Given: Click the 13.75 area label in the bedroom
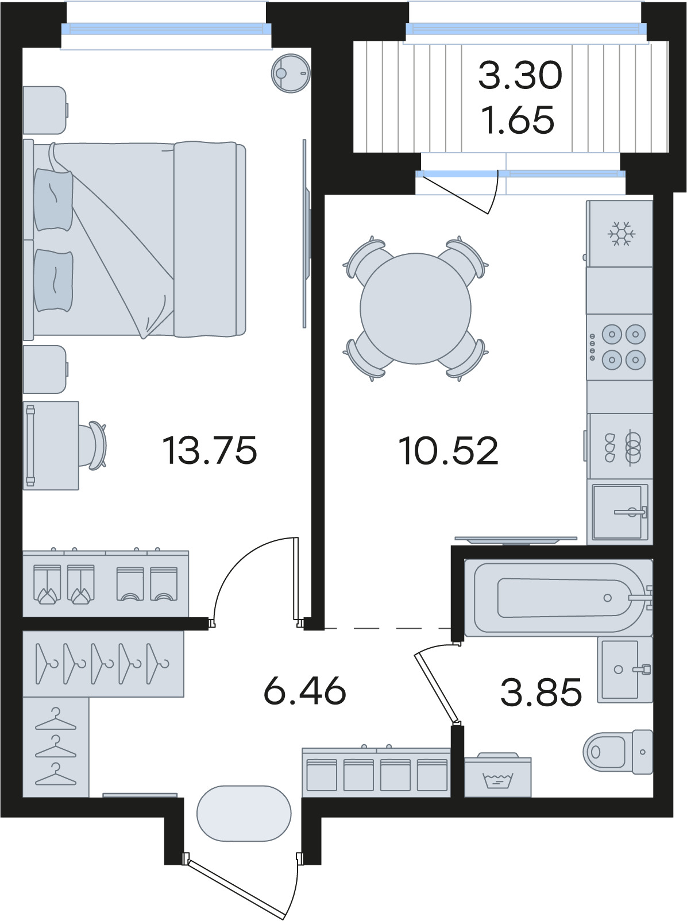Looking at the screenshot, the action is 210,450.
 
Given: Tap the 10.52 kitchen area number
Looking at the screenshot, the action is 448,450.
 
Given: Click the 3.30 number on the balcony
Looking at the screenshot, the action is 520,75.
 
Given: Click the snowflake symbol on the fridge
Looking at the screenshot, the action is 622,234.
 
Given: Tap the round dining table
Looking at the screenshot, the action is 415,308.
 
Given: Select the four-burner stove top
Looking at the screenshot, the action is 619,347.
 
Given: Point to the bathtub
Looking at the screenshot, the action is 558,598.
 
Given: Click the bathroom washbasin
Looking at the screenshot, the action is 625,670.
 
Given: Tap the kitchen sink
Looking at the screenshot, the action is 620,512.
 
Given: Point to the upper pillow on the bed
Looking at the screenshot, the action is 53,200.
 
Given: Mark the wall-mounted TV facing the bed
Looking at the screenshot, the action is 306,233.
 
